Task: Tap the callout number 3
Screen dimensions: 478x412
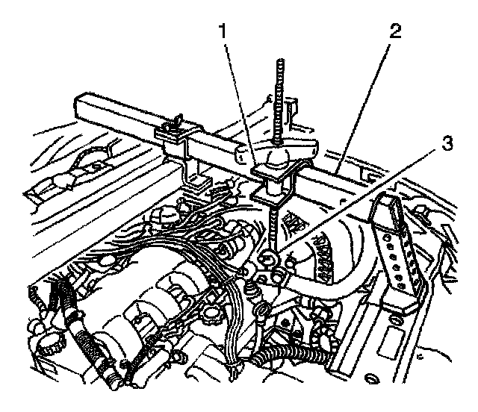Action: [447, 143]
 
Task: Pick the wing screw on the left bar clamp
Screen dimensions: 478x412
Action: [177, 120]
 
